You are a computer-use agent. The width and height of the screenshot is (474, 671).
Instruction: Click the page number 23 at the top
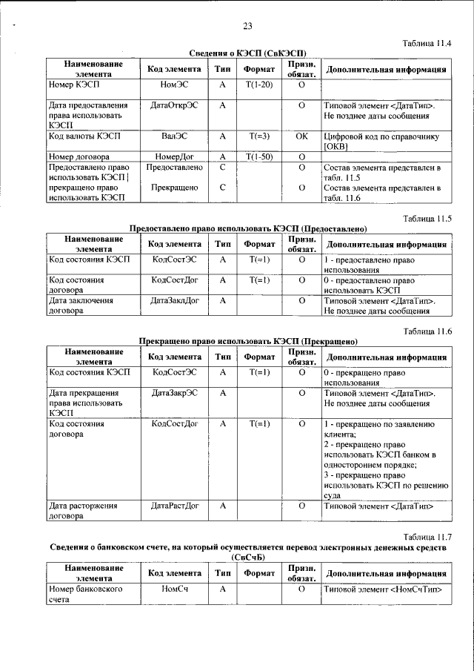(x=247, y=27)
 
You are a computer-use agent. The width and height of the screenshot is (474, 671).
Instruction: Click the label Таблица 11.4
(x=427, y=44)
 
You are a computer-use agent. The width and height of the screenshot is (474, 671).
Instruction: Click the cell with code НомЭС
(x=174, y=86)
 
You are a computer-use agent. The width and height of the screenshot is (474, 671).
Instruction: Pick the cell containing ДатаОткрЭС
(x=174, y=106)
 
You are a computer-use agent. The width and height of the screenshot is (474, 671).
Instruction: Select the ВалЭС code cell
(x=174, y=137)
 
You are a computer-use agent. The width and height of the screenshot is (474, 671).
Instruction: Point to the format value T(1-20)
(x=259, y=86)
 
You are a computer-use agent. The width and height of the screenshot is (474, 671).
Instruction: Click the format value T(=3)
(x=259, y=137)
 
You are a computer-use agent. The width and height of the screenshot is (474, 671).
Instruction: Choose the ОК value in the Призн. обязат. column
(x=301, y=137)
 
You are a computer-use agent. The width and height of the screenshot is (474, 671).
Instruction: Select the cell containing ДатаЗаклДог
(x=174, y=301)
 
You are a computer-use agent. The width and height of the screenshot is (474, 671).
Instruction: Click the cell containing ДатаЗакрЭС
(x=174, y=393)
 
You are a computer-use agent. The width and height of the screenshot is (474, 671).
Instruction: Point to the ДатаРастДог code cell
(x=174, y=506)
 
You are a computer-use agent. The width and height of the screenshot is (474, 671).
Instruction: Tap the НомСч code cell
(x=174, y=589)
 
